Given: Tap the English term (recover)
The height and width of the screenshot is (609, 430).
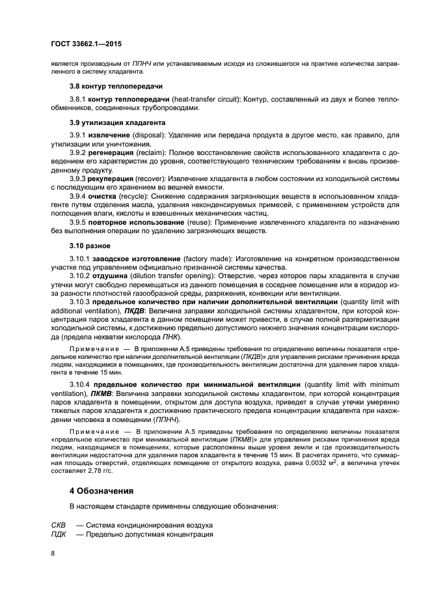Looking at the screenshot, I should pyautogui.click(x=152, y=177).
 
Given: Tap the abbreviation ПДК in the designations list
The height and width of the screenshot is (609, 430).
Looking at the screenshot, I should pyautogui.click(x=59, y=534).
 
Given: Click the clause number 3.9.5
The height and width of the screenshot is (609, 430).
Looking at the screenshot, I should pyautogui.click(x=78, y=221).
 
